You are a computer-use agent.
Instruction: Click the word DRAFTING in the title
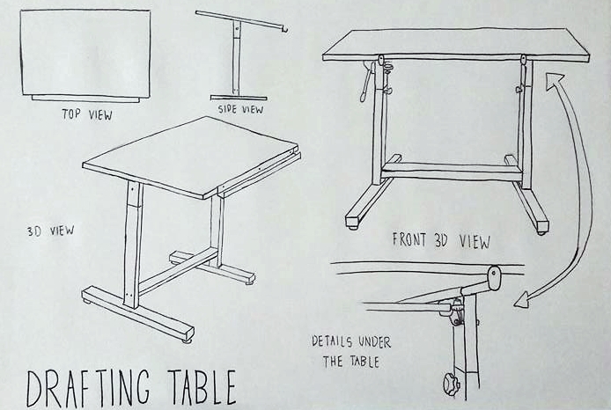[x=88, y=387]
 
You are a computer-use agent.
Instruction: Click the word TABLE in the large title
[x=202, y=387]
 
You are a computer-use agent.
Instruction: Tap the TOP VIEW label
[x=87, y=114]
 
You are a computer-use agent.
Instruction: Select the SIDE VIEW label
[x=240, y=109]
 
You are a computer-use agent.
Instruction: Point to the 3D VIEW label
[x=50, y=231]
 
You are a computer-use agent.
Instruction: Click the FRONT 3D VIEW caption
[x=441, y=240]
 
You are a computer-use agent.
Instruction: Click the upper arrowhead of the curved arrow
[x=554, y=82]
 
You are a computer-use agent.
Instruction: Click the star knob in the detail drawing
[x=452, y=384]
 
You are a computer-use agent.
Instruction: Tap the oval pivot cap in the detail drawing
[x=494, y=278]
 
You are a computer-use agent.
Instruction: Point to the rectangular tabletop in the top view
[x=85, y=53]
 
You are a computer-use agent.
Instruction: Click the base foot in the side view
[x=239, y=98]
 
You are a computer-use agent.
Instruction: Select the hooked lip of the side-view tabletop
[x=285, y=29]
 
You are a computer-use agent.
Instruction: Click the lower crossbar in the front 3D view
[x=452, y=172]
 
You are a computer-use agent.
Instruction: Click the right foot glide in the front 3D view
[x=541, y=232]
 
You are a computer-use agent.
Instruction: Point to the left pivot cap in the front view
[x=380, y=60]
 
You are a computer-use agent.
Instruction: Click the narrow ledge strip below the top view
[x=85, y=99]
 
